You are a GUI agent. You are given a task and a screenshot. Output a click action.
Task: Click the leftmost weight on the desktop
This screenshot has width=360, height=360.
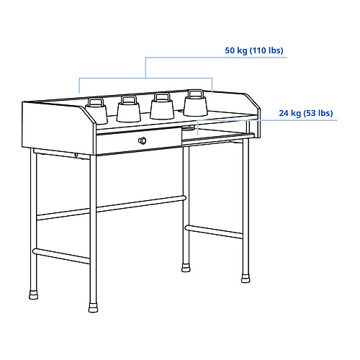point(96,112)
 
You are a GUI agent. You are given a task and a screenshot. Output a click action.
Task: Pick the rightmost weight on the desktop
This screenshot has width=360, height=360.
point(194,105)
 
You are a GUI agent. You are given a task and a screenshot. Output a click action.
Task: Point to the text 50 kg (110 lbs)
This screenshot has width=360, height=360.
point(254,51)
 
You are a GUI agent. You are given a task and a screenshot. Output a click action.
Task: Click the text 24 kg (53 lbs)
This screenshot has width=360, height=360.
point(306,114)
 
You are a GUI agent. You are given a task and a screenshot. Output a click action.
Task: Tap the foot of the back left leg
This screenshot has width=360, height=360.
point(32,294)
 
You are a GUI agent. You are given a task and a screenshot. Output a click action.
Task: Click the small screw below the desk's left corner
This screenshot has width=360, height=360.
point(76,155)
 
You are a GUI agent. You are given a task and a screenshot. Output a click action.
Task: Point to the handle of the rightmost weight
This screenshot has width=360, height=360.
point(194,94)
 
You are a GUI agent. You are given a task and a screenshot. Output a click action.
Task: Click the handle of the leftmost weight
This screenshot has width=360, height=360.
point(96,101)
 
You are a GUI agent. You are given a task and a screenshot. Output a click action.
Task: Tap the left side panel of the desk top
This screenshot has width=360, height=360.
point(58,130)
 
